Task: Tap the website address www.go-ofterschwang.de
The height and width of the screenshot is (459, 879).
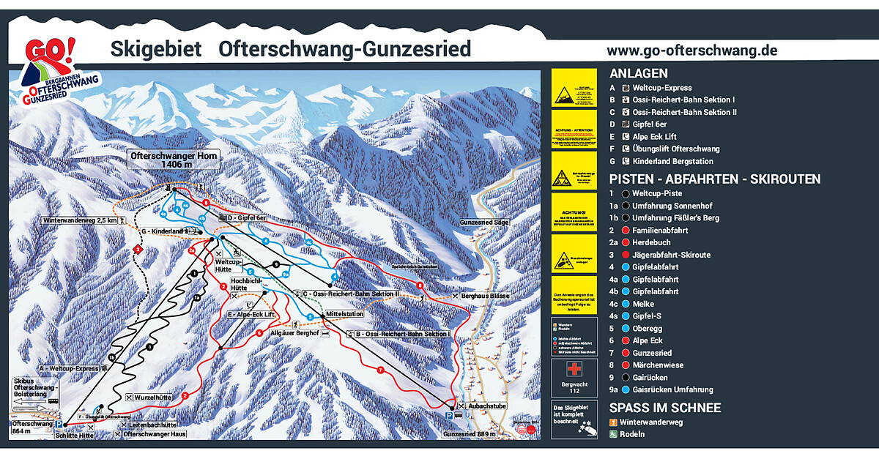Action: click(x=691, y=51)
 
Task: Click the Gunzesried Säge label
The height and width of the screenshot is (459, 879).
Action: click(x=484, y=222)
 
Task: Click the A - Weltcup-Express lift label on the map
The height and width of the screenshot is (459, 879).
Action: click(x=69, y=368)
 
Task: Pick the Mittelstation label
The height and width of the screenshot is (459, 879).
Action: click(x=345, y=314)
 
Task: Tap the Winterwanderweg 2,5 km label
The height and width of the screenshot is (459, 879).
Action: click(x=80, y=220)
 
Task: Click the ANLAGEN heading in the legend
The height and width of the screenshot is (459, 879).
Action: click(x=638, y=73)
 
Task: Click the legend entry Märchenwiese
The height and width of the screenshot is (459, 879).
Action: click(x=658, y=365)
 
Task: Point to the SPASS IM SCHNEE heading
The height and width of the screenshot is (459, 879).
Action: click(x=665, y=408)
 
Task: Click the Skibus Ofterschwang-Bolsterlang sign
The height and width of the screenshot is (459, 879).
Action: click(x=34, y=389)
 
